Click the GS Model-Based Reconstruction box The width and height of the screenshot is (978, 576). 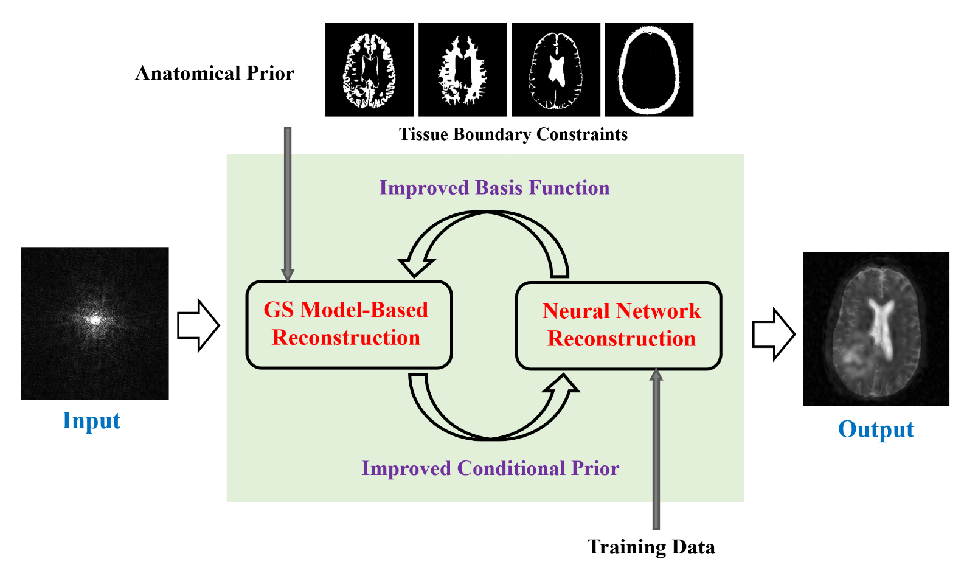pos(349,324)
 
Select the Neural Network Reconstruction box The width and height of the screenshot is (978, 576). pos(619,326)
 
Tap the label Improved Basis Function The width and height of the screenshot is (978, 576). pos(494,188)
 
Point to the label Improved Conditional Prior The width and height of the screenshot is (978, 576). pos(490,468)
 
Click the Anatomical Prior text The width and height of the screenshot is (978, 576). pos(215,74)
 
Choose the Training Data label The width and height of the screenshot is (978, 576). pos(651,547)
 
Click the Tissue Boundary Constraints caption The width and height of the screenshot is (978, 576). pos(513,134)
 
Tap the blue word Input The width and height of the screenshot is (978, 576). pos(91,421)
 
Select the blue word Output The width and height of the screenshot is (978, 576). pos(876,429)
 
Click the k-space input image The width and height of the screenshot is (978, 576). pos(95,323)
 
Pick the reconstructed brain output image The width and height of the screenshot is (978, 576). pos(876,329)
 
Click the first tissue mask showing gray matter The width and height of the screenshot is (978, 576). pos(369,69)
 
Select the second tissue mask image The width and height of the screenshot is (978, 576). pos(463,69)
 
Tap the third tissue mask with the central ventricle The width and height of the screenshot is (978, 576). pos(556,69)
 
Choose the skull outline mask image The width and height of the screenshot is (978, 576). pos(649,69)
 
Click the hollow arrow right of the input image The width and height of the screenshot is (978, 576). pos(198,325)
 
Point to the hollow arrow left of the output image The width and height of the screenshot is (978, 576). pos(774,335)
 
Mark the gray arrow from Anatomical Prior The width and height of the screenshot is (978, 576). pos(288,204)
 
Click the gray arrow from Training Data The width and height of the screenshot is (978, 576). pos(656,449)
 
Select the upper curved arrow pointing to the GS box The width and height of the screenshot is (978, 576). pos(487,213)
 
